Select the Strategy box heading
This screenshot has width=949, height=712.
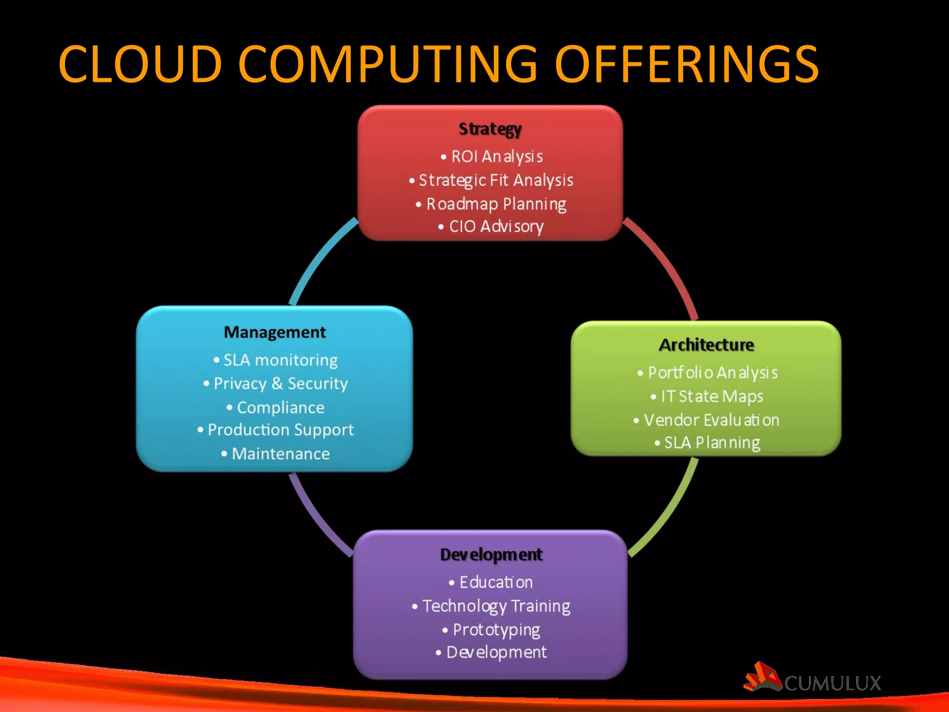point(490,129)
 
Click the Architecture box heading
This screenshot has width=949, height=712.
point(706,345)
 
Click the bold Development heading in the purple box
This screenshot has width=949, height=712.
point(491,554)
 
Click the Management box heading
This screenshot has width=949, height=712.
point(275,332)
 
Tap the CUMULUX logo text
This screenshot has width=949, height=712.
point(832,683)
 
